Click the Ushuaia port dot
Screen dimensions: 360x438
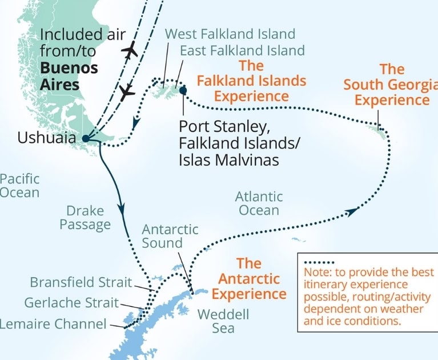[85, 138]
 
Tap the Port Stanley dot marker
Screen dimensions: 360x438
[183, 90]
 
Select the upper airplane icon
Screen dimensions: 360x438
[130, 50]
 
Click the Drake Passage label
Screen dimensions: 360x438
[85, 218]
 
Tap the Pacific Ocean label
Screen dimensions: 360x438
[19, 186]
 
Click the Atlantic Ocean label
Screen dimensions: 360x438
[259, 203]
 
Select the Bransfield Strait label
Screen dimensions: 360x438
[81, 282]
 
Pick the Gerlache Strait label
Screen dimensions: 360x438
[71, 303]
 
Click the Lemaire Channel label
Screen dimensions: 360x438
[53, 324]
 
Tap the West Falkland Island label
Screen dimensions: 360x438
[230, 34]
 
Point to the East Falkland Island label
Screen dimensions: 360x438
[242, 50]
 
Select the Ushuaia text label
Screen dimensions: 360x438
[46, 138]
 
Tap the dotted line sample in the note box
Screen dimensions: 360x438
[318, 262]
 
